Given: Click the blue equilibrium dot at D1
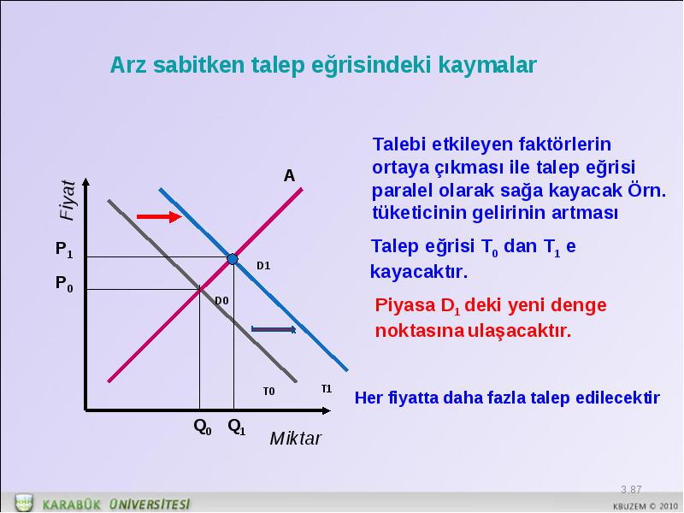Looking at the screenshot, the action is click(x=233, y=259).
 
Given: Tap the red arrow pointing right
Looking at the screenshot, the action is click(x=159, y=216).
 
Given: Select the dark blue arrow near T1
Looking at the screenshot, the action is click(x=274, y=329).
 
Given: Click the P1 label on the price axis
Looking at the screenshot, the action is click(x=64, y=250).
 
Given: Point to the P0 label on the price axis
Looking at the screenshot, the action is click(x=64, y=284).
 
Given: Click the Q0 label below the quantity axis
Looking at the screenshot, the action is click(x=203, y=426).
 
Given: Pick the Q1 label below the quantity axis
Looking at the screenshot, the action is click(x=237, y=426).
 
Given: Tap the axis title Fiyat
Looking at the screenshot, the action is click(x=68, y=200).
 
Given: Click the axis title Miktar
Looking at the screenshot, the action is click(x=295, y=439).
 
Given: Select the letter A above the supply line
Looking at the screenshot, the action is click(x=289, y=176).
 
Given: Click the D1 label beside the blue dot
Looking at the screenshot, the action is click(x=263, y=266).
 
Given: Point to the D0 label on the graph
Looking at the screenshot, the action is click(x=221, y=301).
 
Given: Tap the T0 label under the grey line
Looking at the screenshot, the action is click(x=268, y=392).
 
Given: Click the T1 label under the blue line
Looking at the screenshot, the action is click(x=327, y=389).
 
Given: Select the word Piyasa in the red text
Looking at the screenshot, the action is click(x=405, y=305).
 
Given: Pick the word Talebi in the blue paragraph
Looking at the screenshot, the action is click(x=399, y=144).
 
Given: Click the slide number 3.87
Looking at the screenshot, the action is click(x=631, y=489).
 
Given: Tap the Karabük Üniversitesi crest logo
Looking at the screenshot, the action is click(x=24, y=503).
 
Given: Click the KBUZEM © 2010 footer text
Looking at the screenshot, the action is click(x=646, y=506).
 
